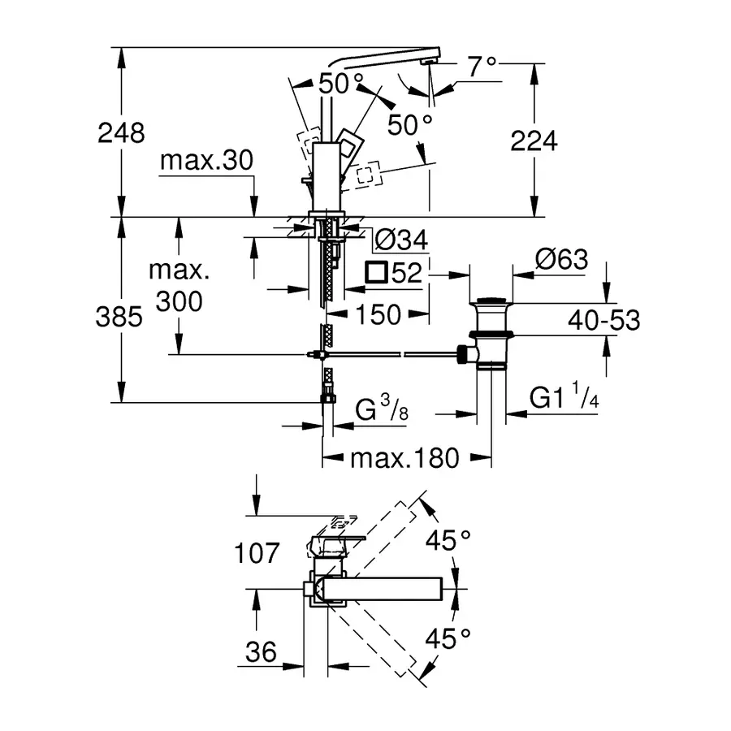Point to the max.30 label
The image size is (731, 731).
pyautogui.click(x=206, y=161)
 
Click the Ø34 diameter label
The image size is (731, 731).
pyautogui.click(x=400, y=240)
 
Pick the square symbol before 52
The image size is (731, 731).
pyautogui.click(x=377, y=272)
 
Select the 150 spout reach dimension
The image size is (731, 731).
pyautogui.click(x=378, y=314)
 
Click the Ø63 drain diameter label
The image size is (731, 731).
pyautogui.click(x=560, y=260)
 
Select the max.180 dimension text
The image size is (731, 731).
pyautogui.click(x=404, y=458)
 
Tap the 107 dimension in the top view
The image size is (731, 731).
pyautogui.click(x=257, y=555)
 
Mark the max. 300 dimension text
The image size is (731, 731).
pyautogui.click(x=179, y=286)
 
